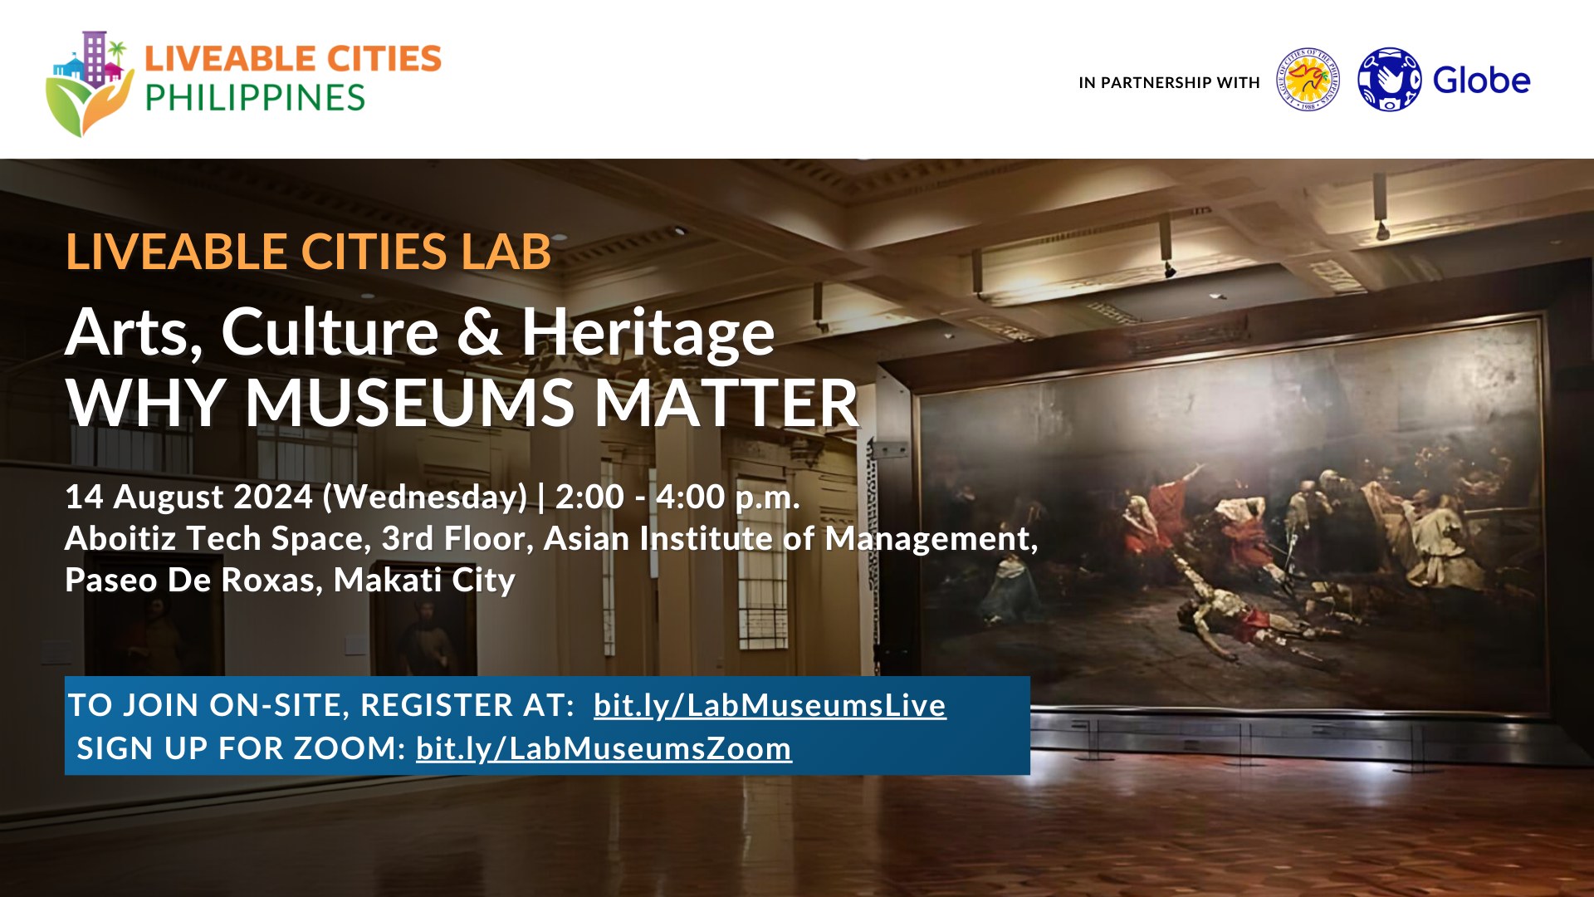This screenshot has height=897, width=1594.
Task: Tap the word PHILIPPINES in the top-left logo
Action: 255,98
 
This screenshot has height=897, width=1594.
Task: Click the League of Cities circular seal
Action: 1308,80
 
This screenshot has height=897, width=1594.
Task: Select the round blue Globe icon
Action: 1389,80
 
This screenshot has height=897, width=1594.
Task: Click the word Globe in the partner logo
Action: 1482,81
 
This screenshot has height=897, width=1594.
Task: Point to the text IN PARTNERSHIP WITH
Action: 1169,82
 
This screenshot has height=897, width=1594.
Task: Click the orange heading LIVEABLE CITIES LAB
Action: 308,252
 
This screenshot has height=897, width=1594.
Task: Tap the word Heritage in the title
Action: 648,333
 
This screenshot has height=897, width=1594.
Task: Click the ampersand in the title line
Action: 479,331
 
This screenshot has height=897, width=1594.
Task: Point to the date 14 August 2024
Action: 188,497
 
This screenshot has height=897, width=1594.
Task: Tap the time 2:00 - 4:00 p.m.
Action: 677,497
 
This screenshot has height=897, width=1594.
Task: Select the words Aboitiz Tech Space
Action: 218,538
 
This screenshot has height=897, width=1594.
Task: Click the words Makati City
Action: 424,580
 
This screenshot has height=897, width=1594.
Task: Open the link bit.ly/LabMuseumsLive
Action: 770,705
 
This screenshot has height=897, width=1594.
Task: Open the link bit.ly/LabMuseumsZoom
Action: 604,748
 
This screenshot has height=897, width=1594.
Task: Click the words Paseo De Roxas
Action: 193,580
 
